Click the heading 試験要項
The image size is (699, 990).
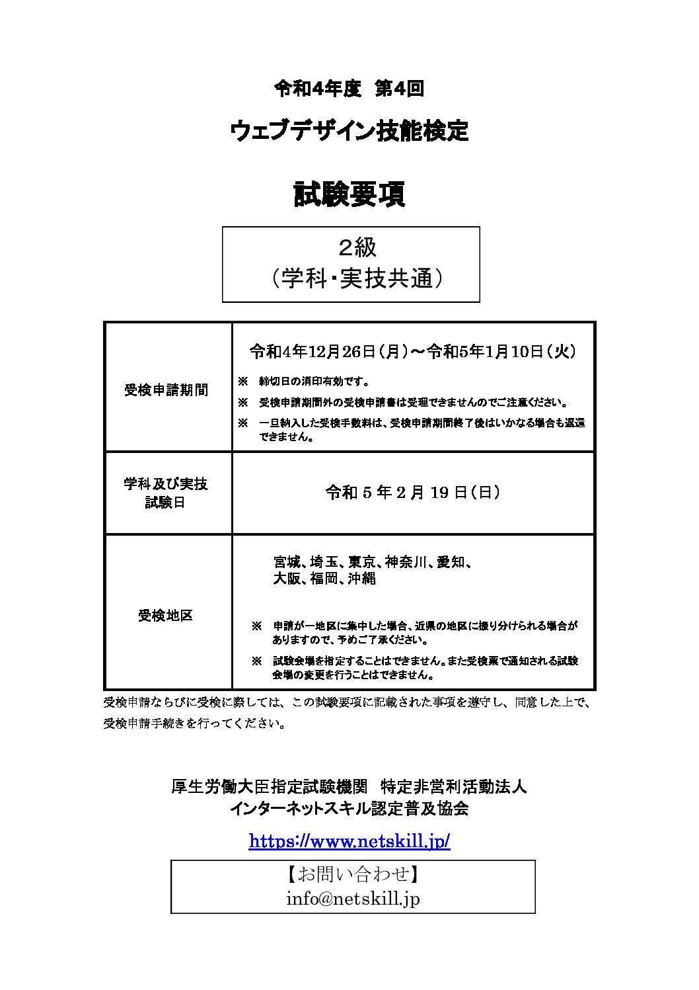point(349,194)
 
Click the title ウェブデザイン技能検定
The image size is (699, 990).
point(349,131)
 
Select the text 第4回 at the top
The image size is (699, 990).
point(399,89)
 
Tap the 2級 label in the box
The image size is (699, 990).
point(357,247)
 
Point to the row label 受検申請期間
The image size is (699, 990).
point(166,390)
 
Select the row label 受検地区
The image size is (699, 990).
point(165,616)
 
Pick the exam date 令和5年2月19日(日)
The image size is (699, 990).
point(412,493)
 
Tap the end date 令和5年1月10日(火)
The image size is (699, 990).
point(501,352)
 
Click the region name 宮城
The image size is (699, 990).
point(287,562)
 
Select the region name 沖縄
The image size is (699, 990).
point(361,579)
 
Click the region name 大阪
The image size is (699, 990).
point(287,579)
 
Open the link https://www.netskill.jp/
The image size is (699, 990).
point(349,841)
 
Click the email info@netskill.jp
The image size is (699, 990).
point(353,899)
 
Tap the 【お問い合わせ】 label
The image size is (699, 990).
point(353,874)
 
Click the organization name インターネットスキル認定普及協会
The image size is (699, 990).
point(349,808)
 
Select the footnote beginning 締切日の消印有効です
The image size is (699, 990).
point(314,382)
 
